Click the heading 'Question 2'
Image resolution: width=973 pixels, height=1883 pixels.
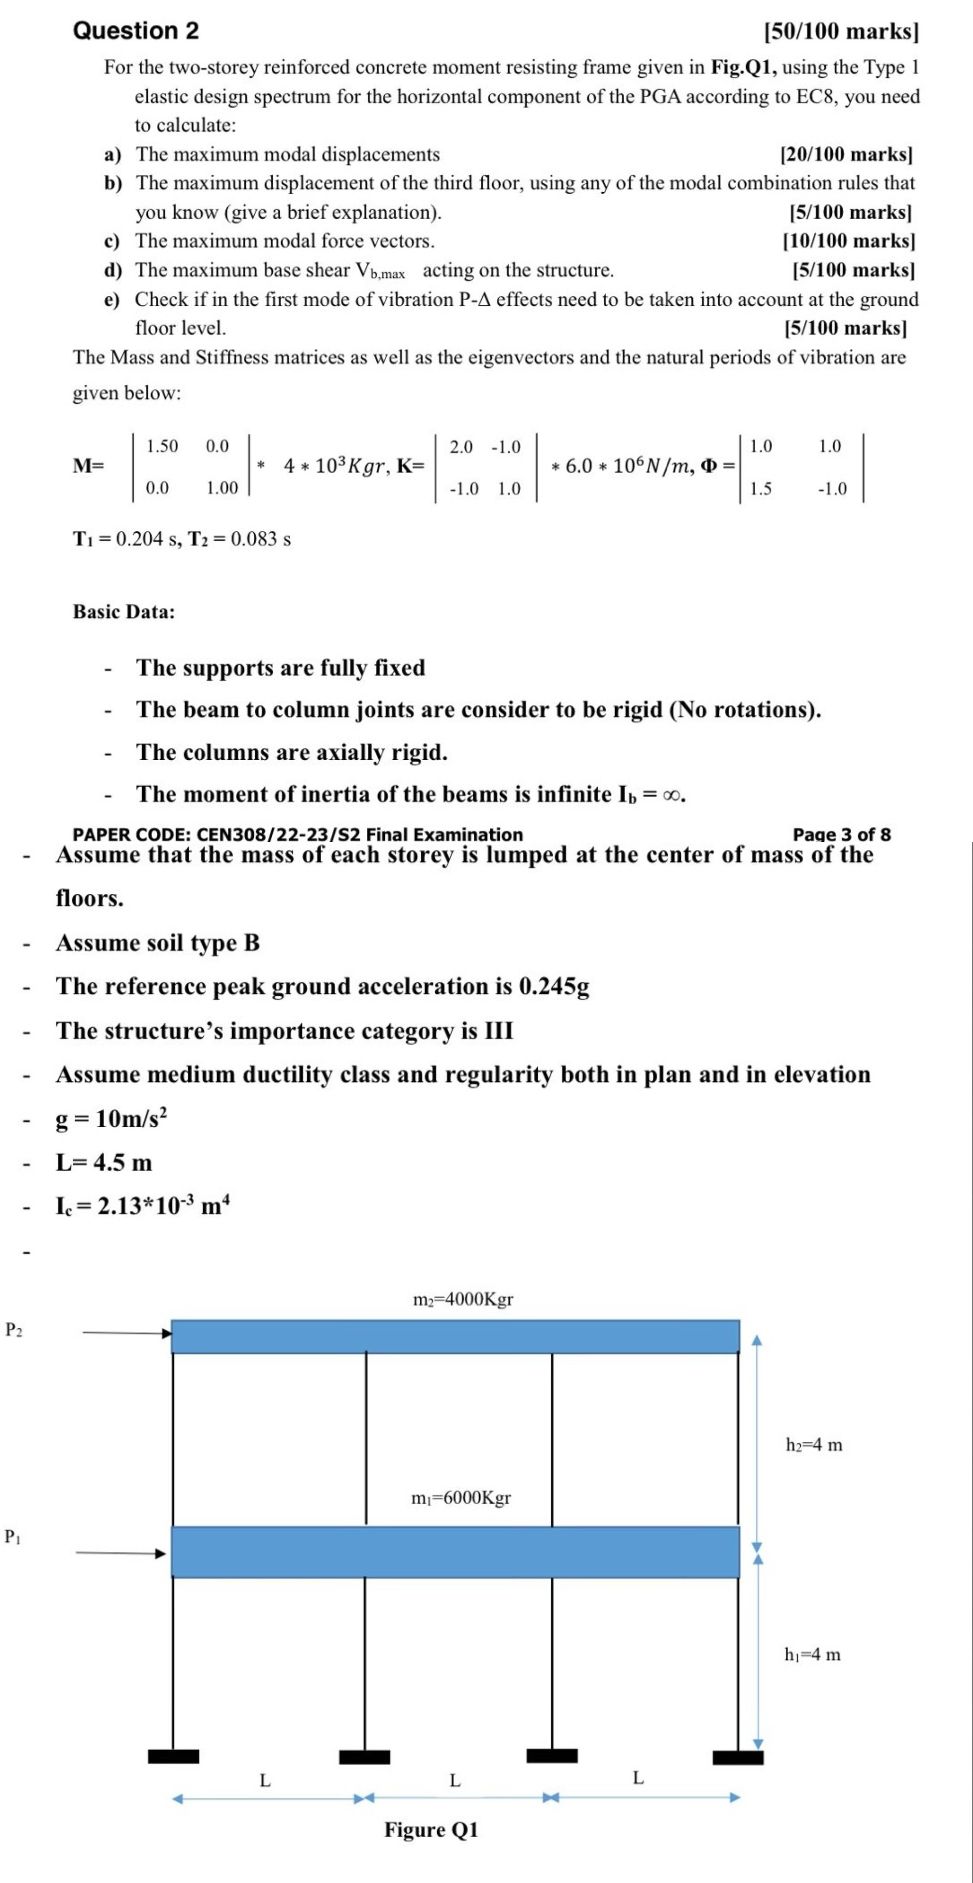[136, 31]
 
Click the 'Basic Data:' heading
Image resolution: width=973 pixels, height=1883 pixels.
[123, 612]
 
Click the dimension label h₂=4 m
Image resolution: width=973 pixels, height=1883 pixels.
[814, 1445]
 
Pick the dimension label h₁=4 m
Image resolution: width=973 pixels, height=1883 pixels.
[812, 1654]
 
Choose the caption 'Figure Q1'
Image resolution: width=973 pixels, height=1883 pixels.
[431, 1830]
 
